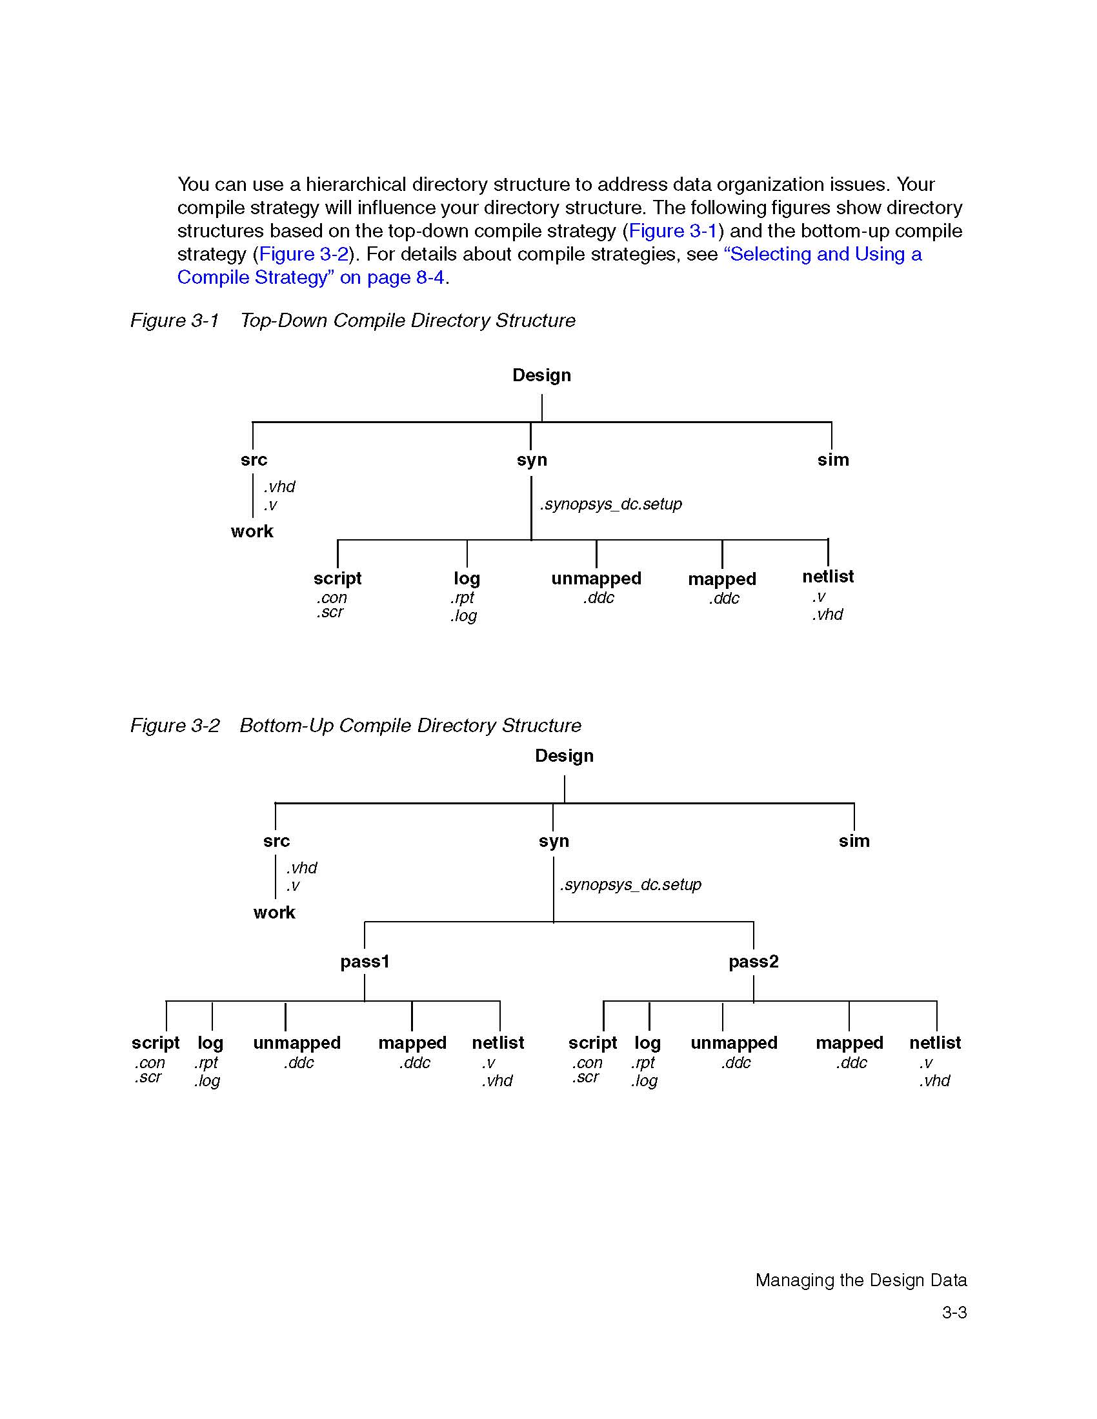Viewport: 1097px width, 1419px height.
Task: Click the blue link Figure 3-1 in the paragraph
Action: pos(672,231)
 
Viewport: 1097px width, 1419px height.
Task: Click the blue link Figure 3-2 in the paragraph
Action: pos(303,254)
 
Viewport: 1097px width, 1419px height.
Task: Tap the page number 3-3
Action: pos(954,1313)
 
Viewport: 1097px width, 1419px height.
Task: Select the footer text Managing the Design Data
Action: pos(860,1280)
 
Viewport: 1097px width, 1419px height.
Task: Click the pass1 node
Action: pos(365,962)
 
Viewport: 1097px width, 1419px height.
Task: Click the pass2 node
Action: pos(753,962)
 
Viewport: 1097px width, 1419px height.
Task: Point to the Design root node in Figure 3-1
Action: pos(541,375)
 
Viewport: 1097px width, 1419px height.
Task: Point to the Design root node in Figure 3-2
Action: pos(564,757)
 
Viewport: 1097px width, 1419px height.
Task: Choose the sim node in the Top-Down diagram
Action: pos(833,460)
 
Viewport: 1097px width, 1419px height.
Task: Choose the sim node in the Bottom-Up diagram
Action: pos(854,840)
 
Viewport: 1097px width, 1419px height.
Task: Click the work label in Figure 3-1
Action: pos(252,531)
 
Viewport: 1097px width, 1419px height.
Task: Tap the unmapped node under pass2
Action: pos(734,1043)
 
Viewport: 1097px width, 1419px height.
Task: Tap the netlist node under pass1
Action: pos(498,1043)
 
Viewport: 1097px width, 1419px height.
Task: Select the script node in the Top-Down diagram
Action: pos(337,579)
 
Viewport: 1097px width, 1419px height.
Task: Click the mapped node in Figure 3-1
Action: pos(722,579)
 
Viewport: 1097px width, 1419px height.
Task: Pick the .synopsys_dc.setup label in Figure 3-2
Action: pos(630,885)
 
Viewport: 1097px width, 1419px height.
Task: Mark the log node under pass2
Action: pos(647,1043)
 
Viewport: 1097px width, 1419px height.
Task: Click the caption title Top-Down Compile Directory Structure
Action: pos(407,321)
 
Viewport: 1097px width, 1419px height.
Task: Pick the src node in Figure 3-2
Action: pos(276,840)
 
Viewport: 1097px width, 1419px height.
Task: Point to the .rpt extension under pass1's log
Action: pos(206,1062)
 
